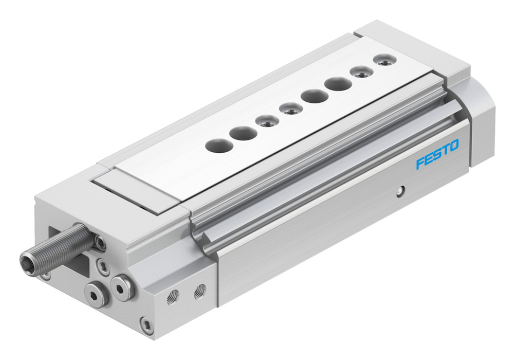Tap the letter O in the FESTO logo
[x=454, y=146]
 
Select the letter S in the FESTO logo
[x=437, y=154]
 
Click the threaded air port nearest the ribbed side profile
[x=199, y=291]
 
